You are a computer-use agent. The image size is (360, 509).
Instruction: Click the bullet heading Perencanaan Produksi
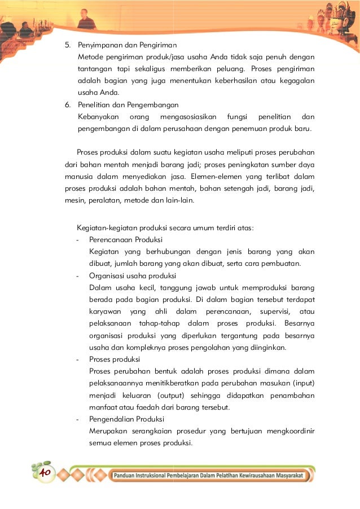click(x=125, y=240)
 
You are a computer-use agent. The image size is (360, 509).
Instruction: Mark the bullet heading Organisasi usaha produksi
click(x=132, y=276)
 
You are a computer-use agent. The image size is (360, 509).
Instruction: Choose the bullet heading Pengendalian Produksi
click(x=126, y=419)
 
